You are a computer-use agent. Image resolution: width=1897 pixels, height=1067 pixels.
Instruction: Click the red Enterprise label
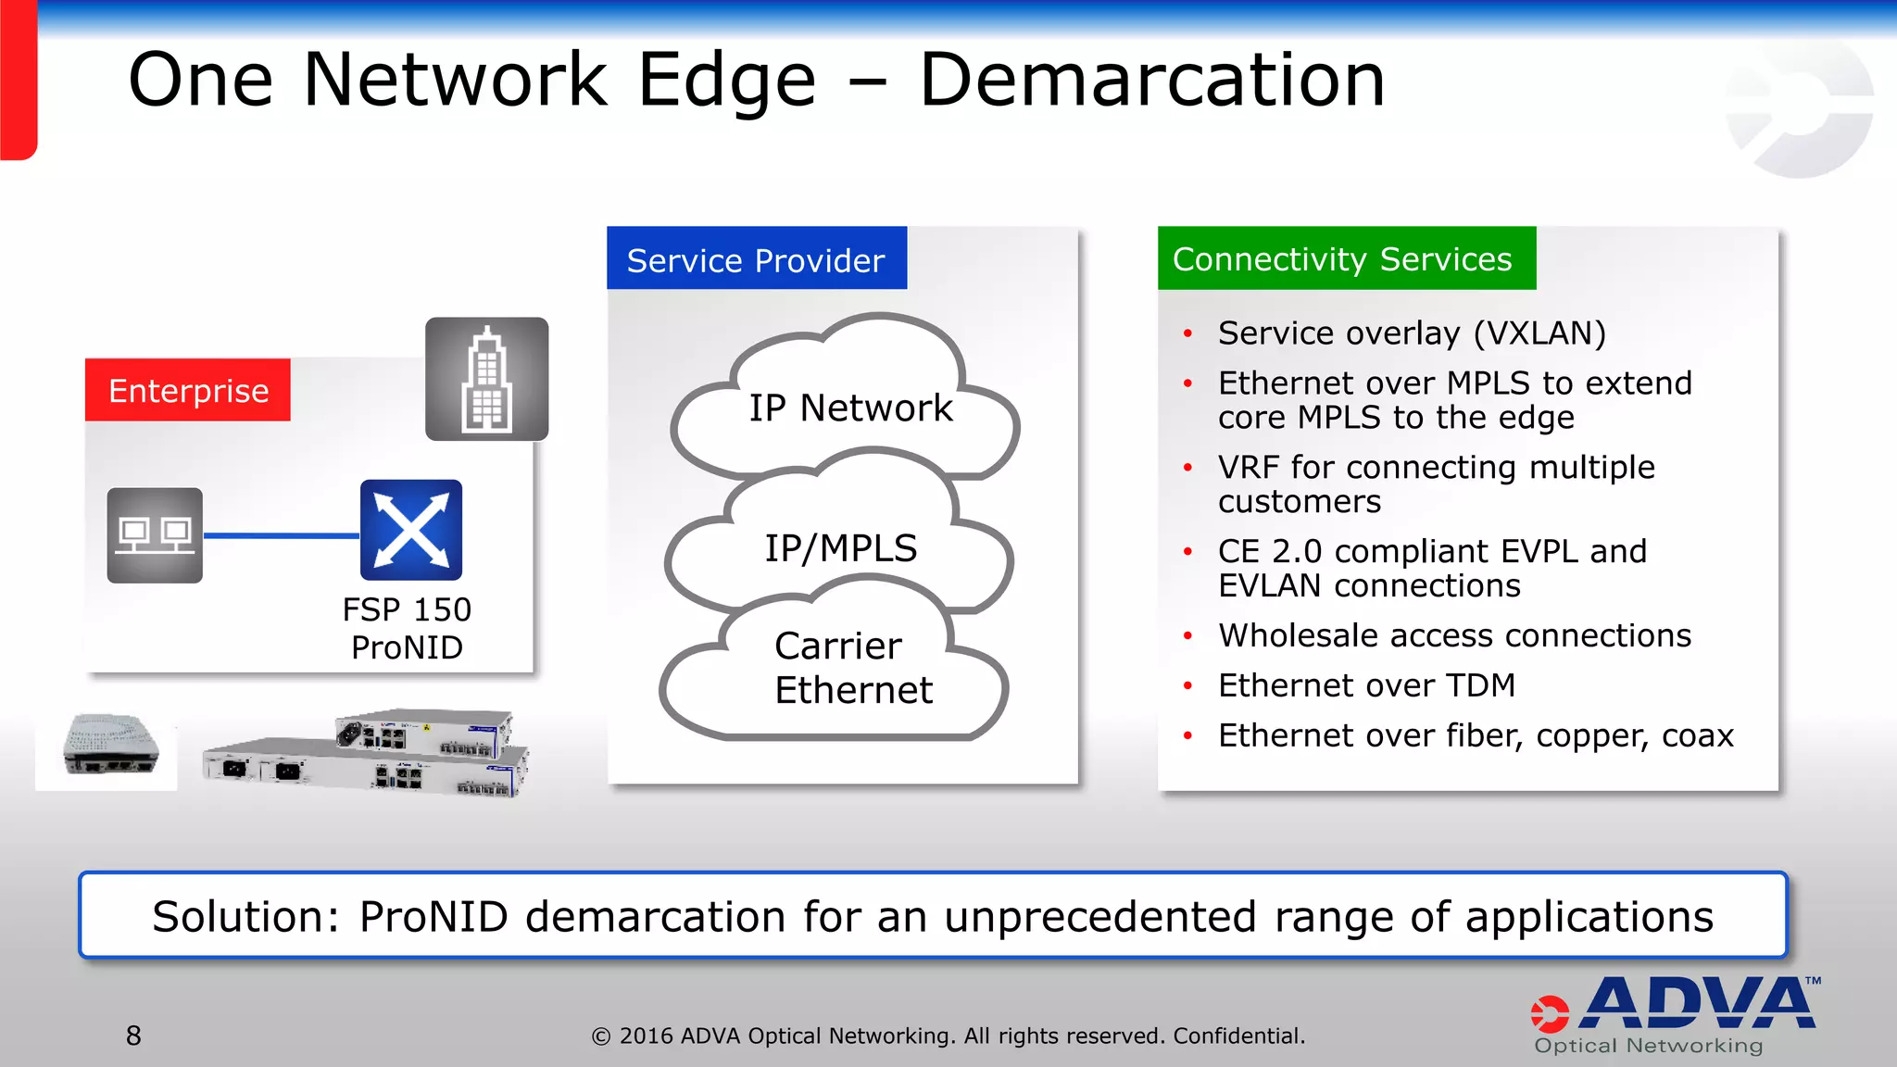click(188, 390)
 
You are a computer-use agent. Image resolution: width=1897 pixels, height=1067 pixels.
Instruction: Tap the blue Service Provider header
click(756, 259)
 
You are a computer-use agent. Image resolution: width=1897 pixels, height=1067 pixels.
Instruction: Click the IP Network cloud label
click(850, 408)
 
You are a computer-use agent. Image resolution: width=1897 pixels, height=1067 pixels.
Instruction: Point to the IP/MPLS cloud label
click(840, 548)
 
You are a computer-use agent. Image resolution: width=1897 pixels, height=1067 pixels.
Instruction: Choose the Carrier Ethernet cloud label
click(852, 668)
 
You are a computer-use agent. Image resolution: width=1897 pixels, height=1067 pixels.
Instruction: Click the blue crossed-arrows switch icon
click(411, 530)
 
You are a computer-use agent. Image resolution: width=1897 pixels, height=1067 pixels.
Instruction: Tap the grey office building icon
click(486, 379)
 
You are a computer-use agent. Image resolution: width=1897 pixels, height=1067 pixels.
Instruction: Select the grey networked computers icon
click(155, 535)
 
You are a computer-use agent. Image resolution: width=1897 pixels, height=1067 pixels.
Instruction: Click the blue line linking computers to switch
click(281, 535)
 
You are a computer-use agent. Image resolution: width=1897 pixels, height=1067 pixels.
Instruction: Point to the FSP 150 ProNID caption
click(407, 628)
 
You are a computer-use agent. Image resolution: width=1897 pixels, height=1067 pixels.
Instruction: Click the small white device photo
click(108, 747)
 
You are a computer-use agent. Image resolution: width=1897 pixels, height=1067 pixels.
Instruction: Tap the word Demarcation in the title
click(1151, 81)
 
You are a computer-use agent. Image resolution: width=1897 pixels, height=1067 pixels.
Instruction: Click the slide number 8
click(133, 1036)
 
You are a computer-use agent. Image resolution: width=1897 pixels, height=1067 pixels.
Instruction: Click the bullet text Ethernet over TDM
click(1366, 685)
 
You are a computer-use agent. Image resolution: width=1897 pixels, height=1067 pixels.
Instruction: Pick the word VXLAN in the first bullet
click(1539, 333)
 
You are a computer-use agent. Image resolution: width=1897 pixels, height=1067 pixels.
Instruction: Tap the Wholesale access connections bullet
click(1454, 635)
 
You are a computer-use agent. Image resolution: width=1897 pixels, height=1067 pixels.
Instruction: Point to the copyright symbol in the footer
click(601, 1036)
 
